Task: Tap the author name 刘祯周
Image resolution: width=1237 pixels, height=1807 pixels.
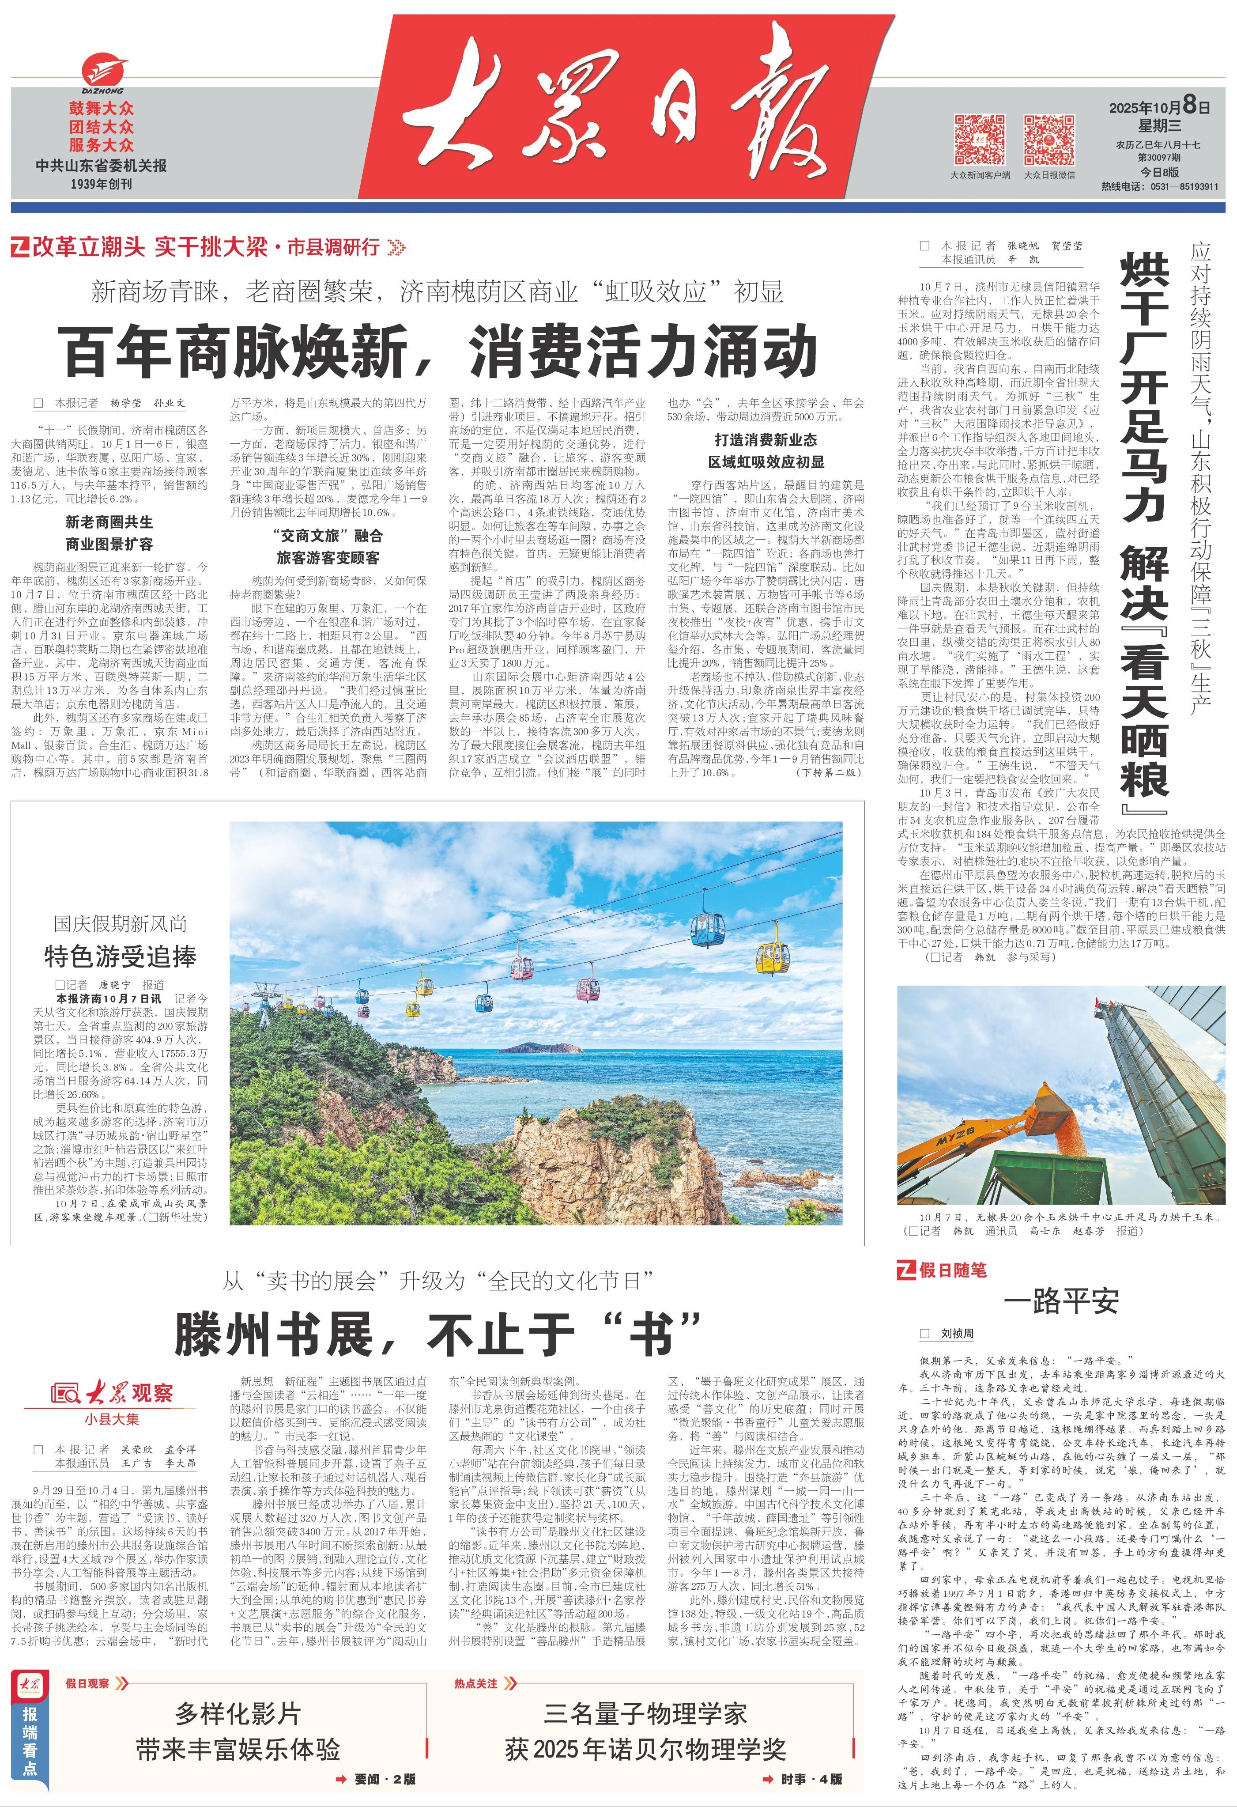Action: tap(957, 1334)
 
